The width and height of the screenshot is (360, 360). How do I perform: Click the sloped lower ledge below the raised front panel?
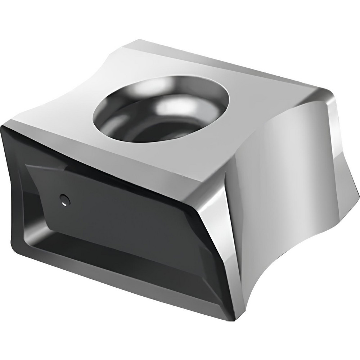pos(119,263)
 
